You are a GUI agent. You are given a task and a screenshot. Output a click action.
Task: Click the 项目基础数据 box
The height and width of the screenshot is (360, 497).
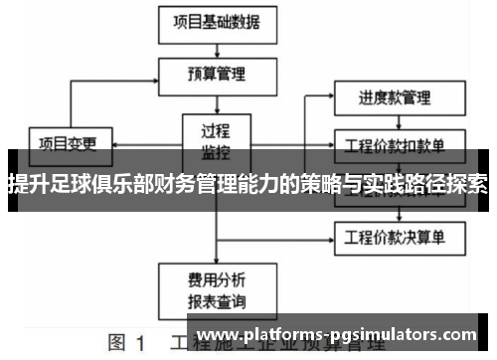pyautogui.click(x=216, y=22)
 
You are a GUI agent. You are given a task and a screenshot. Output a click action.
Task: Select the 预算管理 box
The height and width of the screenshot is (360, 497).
pyautogui.click(x=216, y=73)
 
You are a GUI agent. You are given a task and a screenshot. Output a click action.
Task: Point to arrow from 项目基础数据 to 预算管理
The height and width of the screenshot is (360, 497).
pyautogui.click(x=216, y=47)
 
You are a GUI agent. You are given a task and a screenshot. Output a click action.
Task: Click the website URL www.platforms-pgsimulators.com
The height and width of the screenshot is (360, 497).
pyautogui.click(x=338, y=334)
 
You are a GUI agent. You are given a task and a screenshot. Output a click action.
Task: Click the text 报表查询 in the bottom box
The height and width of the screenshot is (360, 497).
pyautogui.click(x=216, y=299)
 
